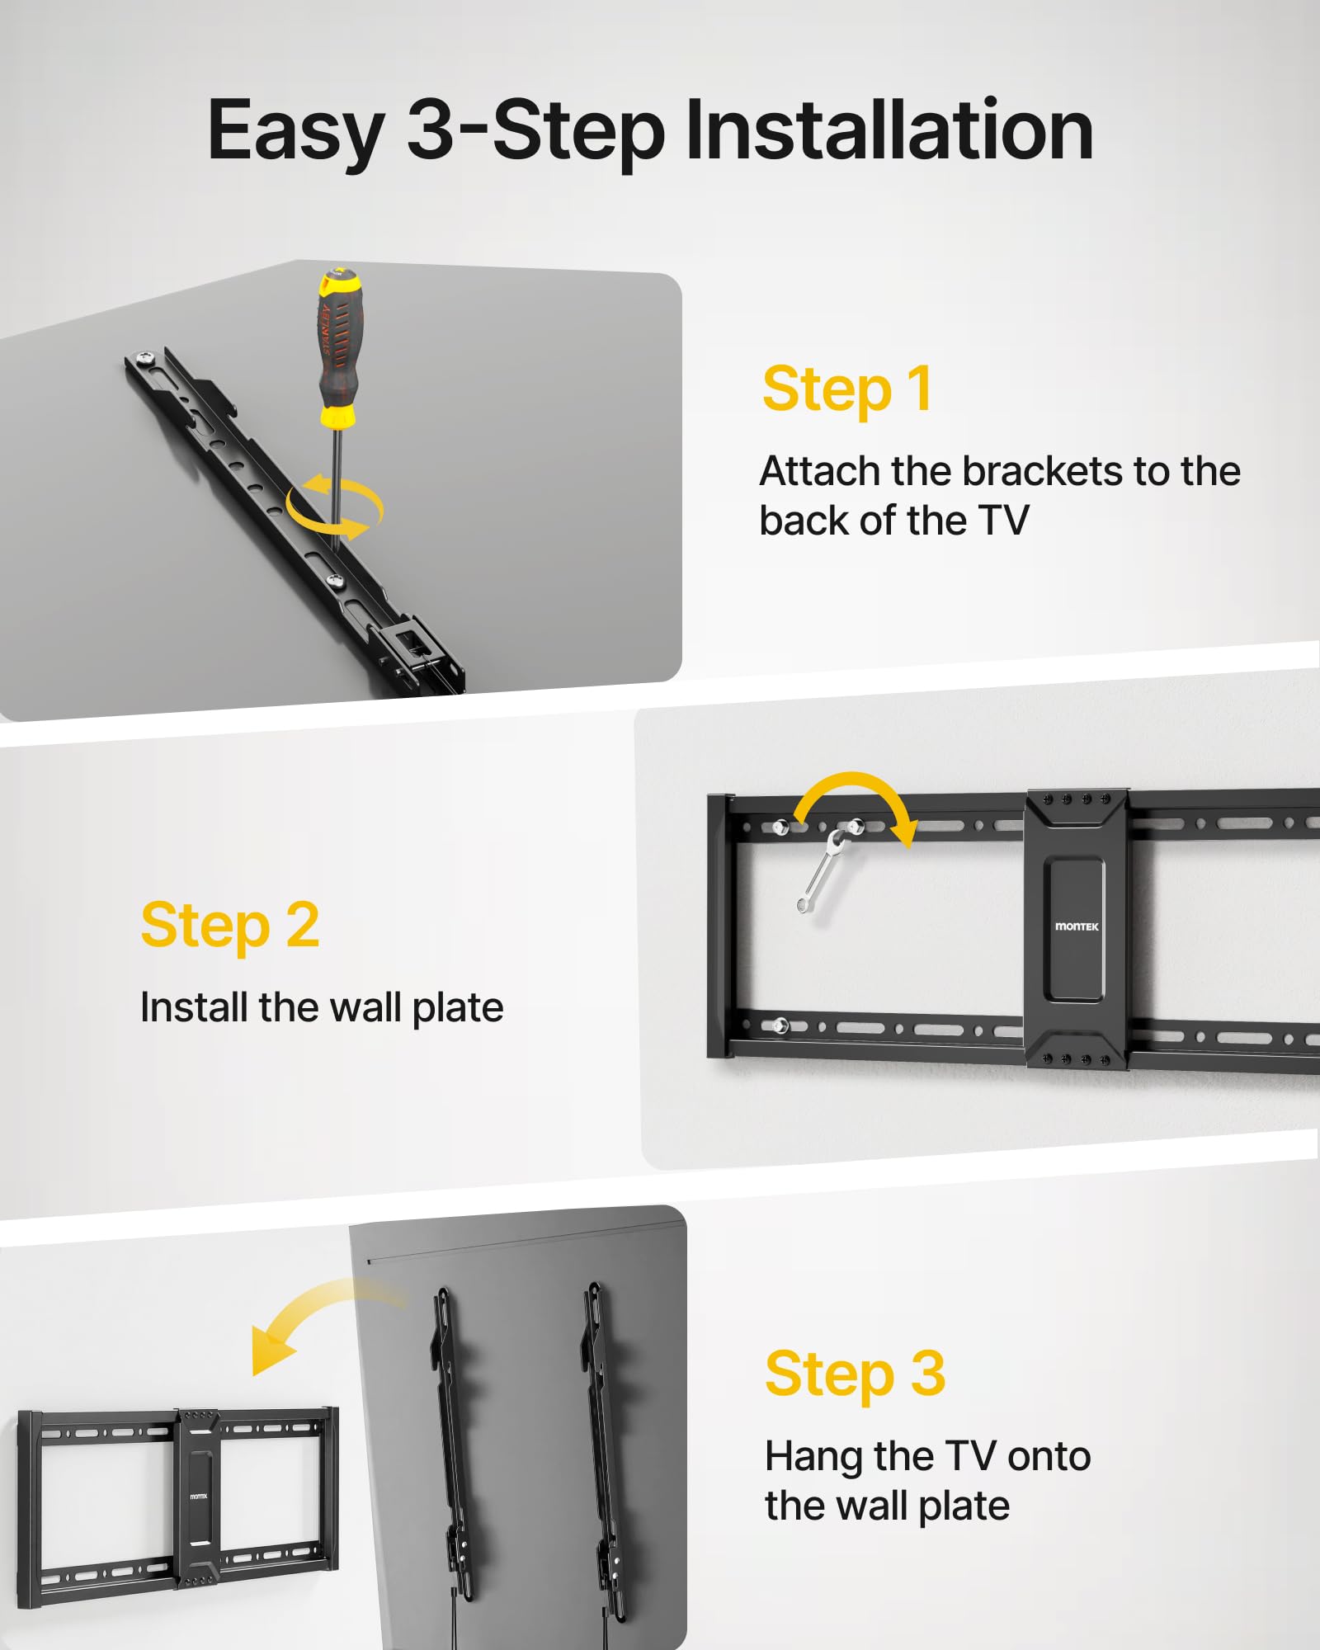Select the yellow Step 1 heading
pos(847,389)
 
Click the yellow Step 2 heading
pos(230,926)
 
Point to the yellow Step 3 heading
pos(855,1374)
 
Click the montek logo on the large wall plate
pos(1077,926)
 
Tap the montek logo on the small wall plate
pos(199,1497)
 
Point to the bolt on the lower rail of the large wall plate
pos(779,1025)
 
